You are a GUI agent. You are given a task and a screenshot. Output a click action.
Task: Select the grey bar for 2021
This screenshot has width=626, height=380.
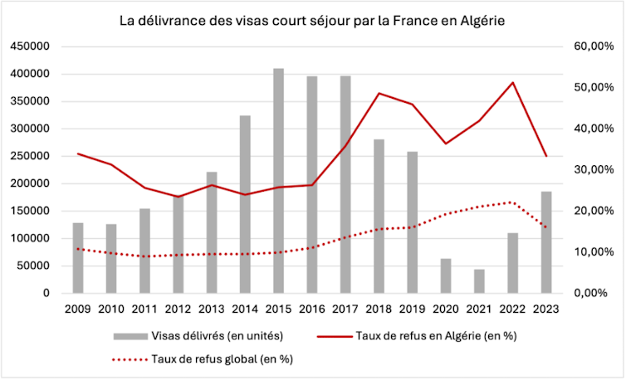click(479, 281)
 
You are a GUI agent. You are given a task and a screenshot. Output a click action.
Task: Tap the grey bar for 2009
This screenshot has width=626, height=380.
click(78, 258)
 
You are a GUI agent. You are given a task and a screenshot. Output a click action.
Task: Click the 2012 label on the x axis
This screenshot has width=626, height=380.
click(179, 309)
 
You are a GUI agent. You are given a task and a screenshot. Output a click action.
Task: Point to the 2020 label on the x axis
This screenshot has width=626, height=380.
click(446, 309)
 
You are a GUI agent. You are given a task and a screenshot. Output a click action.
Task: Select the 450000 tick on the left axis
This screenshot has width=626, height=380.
click(30, 47)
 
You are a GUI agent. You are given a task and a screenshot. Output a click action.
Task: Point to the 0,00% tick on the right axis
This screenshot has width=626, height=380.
click(595, 293)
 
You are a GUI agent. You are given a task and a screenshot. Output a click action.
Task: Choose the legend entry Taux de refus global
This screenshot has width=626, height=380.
click(220, 359)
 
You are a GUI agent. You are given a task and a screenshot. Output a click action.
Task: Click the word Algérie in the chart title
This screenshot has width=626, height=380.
click(480, 19)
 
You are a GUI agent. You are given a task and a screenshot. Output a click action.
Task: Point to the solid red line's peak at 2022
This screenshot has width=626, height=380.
click(513, 82)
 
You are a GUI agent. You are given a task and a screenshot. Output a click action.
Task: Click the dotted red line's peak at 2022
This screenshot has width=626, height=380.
click(513, 202)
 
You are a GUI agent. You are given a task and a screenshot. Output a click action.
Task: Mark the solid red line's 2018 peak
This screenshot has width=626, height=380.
click(379, 93)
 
